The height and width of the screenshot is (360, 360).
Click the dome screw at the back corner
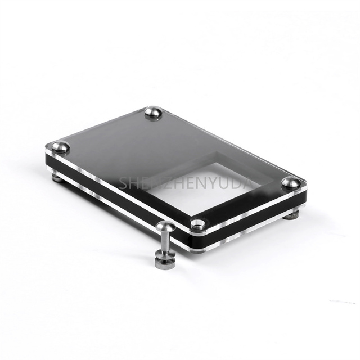coord(154,112)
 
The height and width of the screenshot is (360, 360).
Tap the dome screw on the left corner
coord(60,147)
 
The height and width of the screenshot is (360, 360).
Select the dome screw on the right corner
coord(291,183)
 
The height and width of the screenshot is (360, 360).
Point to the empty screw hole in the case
coord(198,224)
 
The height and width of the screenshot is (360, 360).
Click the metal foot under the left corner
coord(56,177)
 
